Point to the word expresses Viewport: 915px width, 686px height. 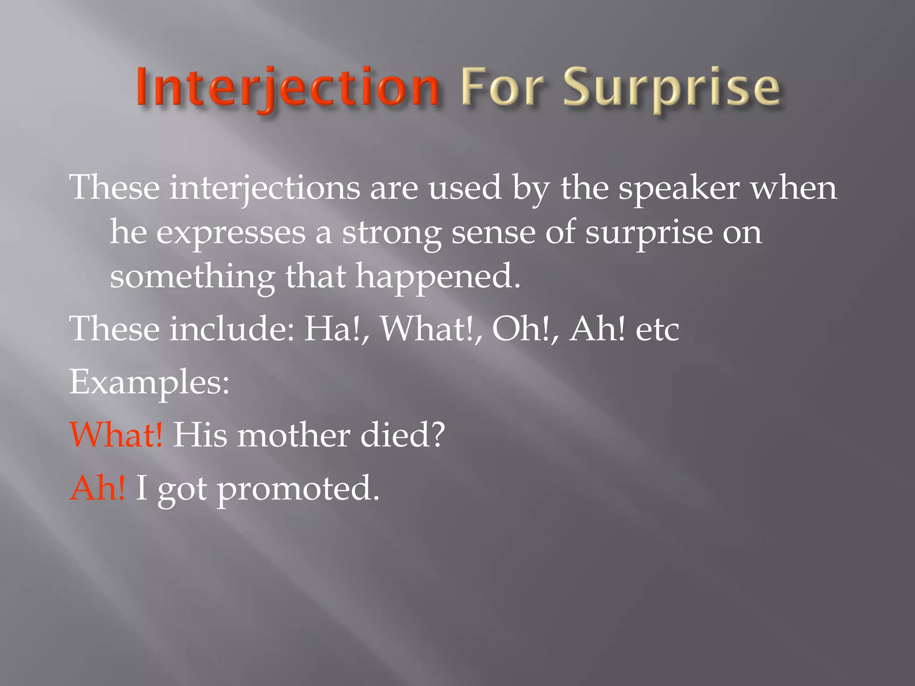pos(231,233)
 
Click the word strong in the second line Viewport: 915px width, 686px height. pos(391,233)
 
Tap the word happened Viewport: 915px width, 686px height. pos(438,276)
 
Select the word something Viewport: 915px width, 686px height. pos(192,276)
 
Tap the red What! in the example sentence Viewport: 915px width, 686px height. pos(117,435)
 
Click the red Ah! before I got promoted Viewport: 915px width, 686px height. pos(97,488)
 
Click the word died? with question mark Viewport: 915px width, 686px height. pos(403,435)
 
